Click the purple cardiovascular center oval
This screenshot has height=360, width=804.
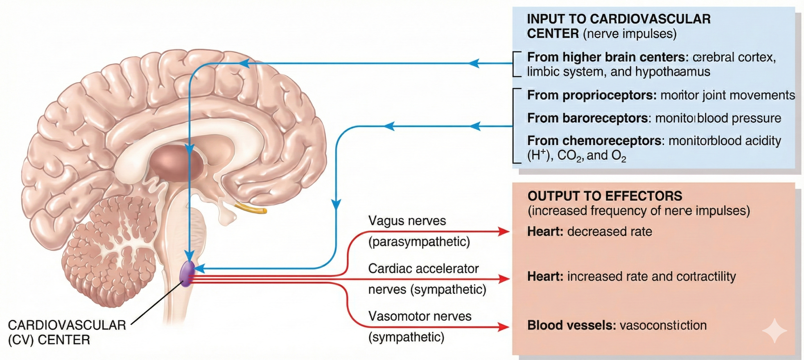coord(187,274)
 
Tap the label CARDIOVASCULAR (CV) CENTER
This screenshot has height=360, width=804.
coord(66,332)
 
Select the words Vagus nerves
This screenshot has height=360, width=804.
coord(407,221)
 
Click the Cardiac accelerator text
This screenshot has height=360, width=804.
coord(423,269)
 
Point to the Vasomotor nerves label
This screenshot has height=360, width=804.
coord(420,316)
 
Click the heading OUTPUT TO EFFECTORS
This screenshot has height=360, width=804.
coord(605,196)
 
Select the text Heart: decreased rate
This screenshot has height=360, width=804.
coord(589,232)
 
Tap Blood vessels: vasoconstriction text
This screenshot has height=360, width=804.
coord(617,325)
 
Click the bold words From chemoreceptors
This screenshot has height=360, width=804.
coord(594,141)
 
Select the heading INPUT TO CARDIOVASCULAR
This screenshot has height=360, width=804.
coord(619,19)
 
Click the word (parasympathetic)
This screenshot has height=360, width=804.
coord(419,242)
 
